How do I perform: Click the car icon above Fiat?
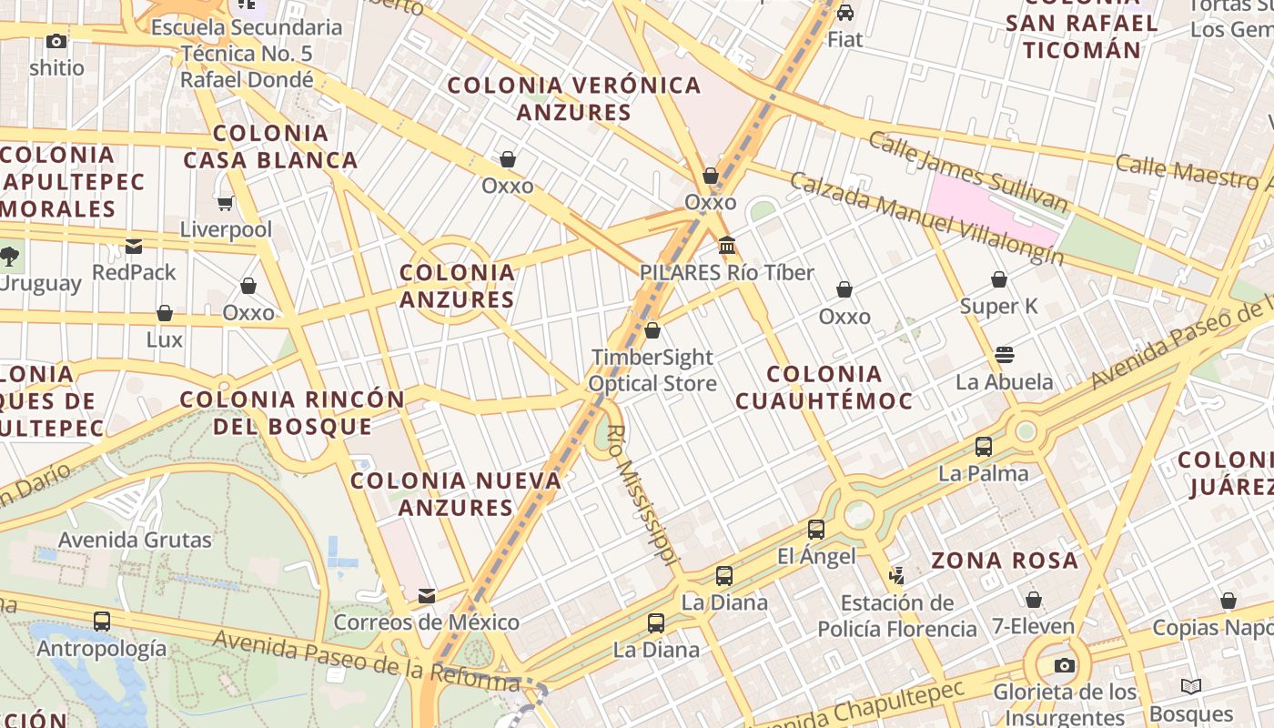click(845, 13)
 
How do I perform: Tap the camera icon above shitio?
click(56, 41)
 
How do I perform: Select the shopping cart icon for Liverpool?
click(225, 202)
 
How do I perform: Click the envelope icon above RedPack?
click(134, 246)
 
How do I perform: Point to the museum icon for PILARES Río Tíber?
click(727, 246)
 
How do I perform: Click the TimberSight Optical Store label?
click(652, 370)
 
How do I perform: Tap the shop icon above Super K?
click(999, 279)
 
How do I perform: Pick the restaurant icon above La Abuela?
click(1005, 355)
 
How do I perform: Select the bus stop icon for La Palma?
click(984, 447)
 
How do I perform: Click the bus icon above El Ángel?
click(816, 530)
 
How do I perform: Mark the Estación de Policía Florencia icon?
click(896, 575)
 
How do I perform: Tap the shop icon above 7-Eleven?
click(1033, 600)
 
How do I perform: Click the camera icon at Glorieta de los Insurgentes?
click(1064, 665)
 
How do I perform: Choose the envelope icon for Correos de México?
click(426, 596)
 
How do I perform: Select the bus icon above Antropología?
click(102, 622)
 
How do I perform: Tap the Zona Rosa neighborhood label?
click(1005, 561)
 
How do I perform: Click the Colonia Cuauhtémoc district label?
click(824, 387)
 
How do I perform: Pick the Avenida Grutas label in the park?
click(135, 540)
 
